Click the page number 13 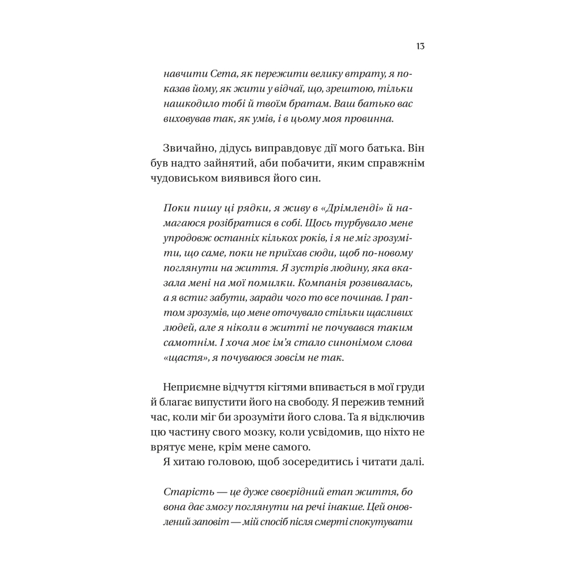point(420,46)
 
